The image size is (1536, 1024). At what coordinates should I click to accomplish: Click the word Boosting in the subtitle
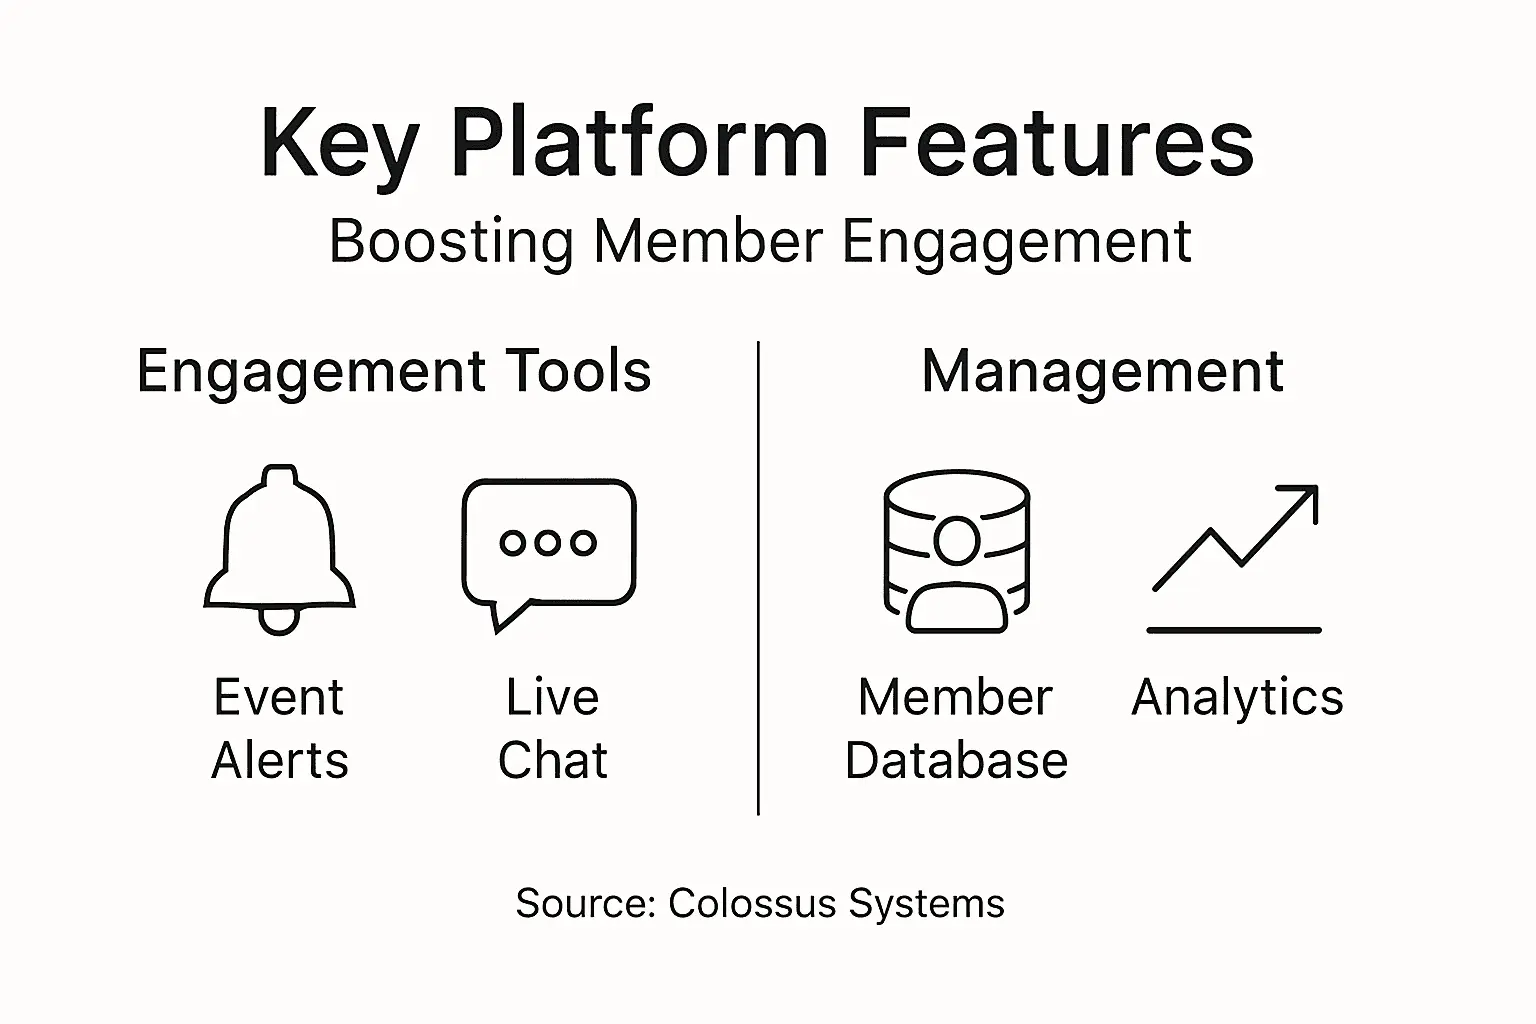pyautogui.click(x=451, y=243)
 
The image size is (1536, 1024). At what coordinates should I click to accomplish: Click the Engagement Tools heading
pyautogui.click(x=394, y=372)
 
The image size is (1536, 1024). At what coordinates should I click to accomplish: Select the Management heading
pyautogui.click(x=1102, y=372)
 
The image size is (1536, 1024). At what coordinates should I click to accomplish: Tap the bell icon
pyautogui.click(x=279, y=545)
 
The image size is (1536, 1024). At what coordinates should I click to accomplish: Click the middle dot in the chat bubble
pyautogui.click(x=548, y=542)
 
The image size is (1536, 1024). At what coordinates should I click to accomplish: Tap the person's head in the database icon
pyautogui.click(x=957, y=541)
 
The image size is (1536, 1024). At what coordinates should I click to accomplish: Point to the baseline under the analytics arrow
pyautogui.click(x=1234, y=630)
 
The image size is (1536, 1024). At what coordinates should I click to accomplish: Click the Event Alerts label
pyautogui.click(x=279, y=728)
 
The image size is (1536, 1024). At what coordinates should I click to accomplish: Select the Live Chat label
pyautogui.click(x=552, y=728)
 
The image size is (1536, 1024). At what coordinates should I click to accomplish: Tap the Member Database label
pyautogui.click(x=956, y=728)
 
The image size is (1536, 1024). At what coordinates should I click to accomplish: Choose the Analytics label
pyautogui.click(x=1237, y=697)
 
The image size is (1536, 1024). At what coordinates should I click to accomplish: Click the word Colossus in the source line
pyautogui.click(x=752, y=903)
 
